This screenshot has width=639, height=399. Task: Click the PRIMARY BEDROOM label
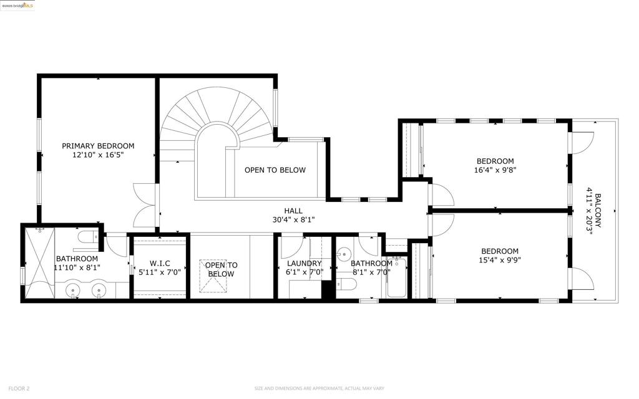(x=98, y=146)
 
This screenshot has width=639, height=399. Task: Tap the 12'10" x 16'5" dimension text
(x=98, y=155)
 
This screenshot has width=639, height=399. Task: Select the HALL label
(x=293, y=211)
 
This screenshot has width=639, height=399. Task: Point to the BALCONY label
(x=598, y=210)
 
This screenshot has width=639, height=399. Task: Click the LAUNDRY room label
(x=304, y=264)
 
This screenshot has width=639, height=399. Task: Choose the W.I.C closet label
(x=160, y=264)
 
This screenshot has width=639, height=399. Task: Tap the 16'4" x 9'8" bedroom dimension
(x=495, y=170)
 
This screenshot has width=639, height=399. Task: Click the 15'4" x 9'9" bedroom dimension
(x=500, y=260)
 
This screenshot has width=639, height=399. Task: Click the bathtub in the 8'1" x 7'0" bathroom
(x=396, y=277)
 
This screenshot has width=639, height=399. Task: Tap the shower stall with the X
(x=39, y=264)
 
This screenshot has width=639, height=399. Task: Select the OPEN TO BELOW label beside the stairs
(x=275, y=170)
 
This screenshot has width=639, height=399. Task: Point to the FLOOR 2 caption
(x=19, y=388)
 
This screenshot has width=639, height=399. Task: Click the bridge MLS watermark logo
(x=17, y=6)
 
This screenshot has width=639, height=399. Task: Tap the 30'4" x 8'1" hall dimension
(x=293, y=220)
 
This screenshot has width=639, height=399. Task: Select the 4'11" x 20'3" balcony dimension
(x=589, y=209)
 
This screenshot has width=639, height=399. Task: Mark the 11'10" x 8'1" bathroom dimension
(x=77, y=267)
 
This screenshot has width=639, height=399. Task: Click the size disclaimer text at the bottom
(x=319, y=388)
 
